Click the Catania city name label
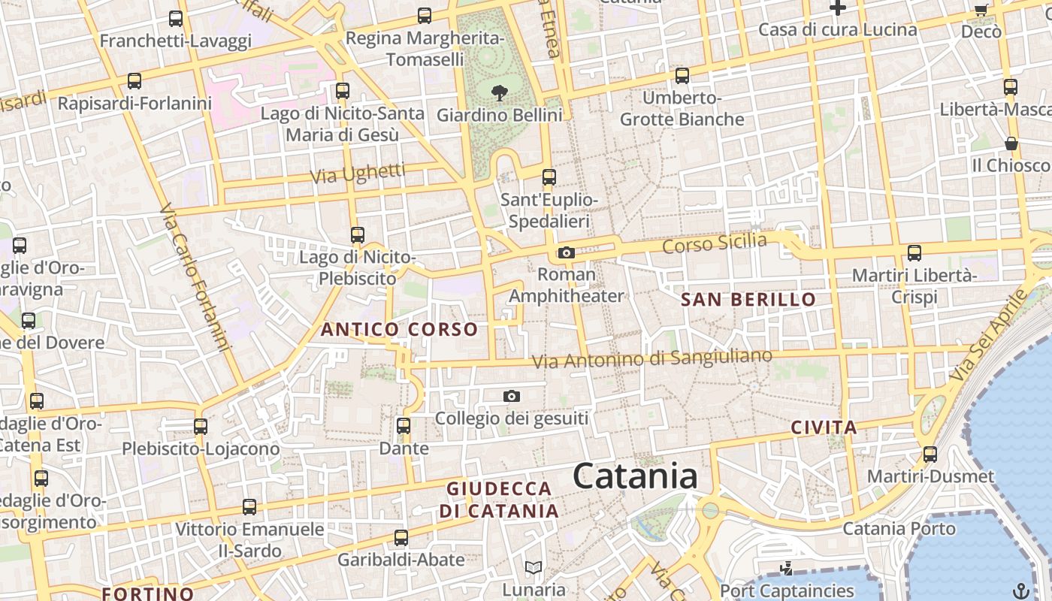[635, 476]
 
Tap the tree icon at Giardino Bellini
[499, 93]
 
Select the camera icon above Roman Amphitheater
[567, 253]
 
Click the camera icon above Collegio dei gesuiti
[512, 396]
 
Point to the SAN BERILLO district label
[748, 300]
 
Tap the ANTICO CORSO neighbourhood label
[399, 329]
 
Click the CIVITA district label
[824, 428]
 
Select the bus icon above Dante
[404, 426]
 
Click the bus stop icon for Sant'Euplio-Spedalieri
[549, 178]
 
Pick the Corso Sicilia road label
[715, 243]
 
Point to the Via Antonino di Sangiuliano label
[651, 358]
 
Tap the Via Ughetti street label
[358, 174]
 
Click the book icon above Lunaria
[534, 567]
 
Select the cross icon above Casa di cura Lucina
[838, 8]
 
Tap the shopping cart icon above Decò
[981, 10]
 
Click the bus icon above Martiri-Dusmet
[930, 455]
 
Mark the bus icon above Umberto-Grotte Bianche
[682, 76]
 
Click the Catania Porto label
[899, 528]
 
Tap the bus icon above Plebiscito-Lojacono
[201, 427]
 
